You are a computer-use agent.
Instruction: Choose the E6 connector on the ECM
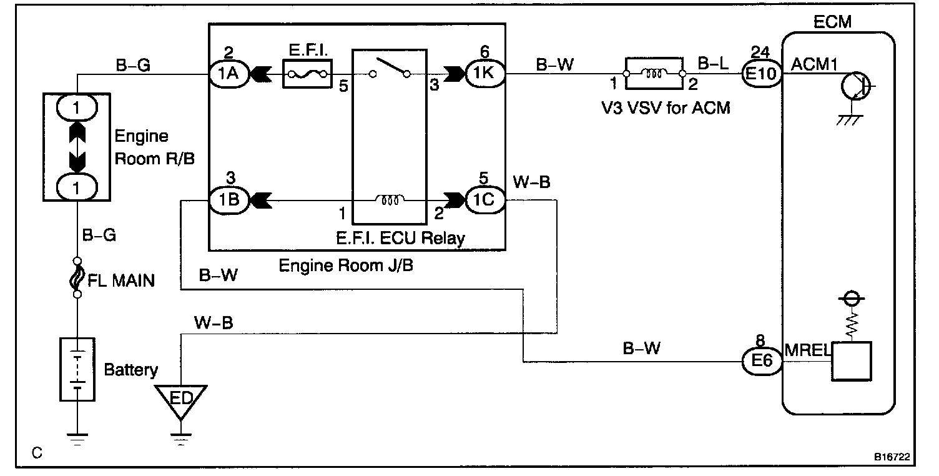761,361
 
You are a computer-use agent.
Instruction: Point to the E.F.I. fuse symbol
307,74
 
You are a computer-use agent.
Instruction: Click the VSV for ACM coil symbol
654,74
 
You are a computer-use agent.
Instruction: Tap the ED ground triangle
180,398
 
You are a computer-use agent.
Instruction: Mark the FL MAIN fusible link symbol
77,277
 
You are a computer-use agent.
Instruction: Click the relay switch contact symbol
390,70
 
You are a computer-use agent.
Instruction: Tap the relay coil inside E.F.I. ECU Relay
390,201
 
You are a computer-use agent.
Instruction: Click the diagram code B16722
892,457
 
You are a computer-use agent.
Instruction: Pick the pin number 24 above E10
761,52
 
